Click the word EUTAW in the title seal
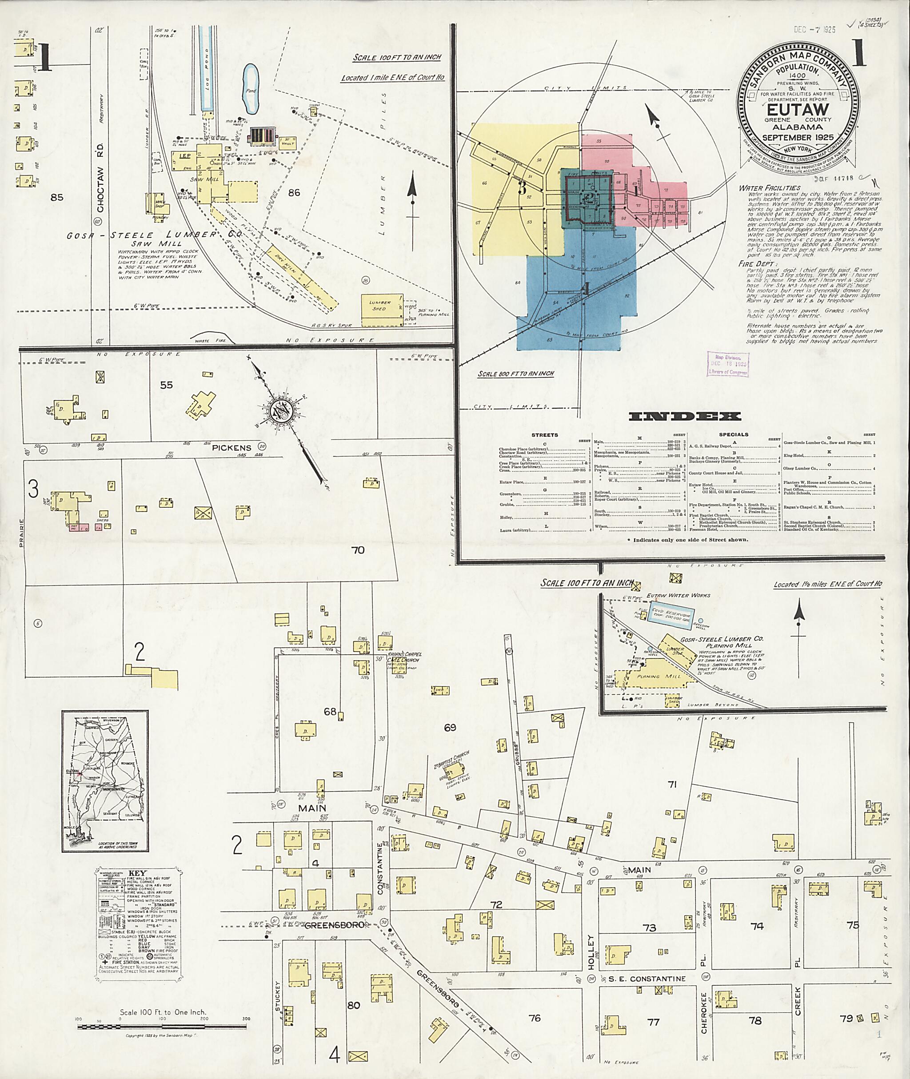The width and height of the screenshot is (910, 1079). [x=797, y=110]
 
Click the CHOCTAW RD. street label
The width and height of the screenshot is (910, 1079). [x=100, y=178]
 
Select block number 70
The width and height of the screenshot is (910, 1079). [x=358, y=550]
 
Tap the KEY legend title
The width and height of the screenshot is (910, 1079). [x=138, y=873]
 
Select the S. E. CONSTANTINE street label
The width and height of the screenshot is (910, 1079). [x=647, y=979]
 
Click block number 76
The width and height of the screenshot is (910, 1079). [x=535, y=1018]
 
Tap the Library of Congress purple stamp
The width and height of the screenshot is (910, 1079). [x=727, y=365]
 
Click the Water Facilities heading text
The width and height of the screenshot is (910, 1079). [x=769, y=188]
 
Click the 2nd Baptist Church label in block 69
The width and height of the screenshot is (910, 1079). [x=451, y=760]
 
